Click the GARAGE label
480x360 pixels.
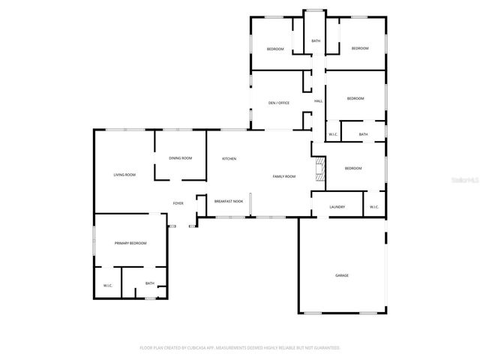point(341,275)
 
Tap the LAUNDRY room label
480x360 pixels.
point(337,206)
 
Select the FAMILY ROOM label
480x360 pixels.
point(283,176)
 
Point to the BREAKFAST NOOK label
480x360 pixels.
point(228,202)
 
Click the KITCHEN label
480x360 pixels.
point(229,159)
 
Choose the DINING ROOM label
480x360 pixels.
point(180,158)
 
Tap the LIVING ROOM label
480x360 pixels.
point(124,175)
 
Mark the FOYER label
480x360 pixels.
point(178,203)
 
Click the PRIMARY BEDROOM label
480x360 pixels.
point(130,243)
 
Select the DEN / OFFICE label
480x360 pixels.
point(278,103)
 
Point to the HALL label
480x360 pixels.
point(318,100)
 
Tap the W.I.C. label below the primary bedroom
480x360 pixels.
point(108,286)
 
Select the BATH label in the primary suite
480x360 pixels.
point(150,283)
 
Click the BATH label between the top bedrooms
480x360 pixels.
point(316,41)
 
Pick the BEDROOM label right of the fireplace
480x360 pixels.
point(353,169)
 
